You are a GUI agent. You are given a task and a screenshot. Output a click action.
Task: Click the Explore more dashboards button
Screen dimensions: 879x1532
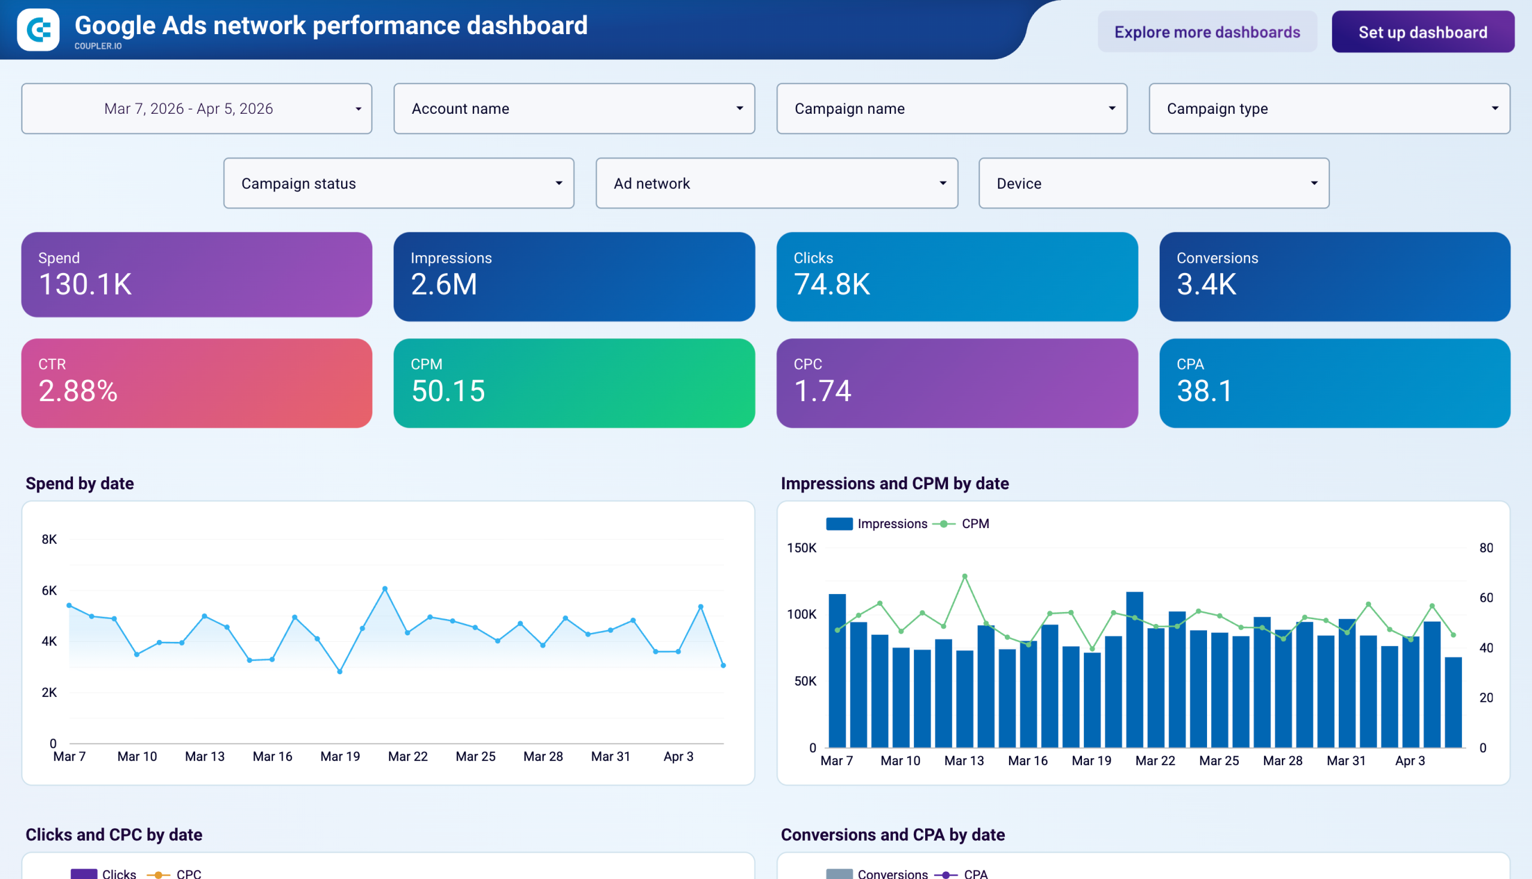(1206, 32)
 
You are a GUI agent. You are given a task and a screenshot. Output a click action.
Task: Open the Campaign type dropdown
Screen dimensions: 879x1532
(1329, 108)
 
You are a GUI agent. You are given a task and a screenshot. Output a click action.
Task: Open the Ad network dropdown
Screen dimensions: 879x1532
(776, 184)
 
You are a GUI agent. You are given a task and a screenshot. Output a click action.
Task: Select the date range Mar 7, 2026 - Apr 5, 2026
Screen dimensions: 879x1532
(196, 108)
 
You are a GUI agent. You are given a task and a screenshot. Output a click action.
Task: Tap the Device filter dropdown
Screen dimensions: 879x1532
(1153, 184)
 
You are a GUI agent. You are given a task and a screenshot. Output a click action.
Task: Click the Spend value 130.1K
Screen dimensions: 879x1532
(85, 284)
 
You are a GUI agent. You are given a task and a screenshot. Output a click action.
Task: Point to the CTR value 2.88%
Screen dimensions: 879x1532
(78, 390)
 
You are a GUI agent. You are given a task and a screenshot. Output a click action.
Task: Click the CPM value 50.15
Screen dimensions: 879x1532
(448, 390)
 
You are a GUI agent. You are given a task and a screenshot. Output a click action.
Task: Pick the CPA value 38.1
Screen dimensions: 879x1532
(1204, 390)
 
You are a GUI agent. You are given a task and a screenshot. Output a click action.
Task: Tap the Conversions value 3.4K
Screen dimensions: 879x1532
(1206, 284)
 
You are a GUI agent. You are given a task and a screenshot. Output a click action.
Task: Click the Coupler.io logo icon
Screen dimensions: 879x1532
(38, 29)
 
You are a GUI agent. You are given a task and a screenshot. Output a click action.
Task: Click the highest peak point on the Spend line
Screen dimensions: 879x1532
(385, 589)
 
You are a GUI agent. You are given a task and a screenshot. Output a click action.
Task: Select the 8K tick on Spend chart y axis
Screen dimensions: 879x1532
(49, 539)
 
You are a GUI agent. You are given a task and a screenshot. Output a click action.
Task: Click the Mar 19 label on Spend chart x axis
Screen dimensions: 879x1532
(340, 756)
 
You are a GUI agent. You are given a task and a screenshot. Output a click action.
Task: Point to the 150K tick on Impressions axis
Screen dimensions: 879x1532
(801, 547)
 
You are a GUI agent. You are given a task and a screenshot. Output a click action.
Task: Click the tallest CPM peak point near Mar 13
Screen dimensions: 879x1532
(964, 576)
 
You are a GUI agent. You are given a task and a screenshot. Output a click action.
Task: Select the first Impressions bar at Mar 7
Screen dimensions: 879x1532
(837, 670)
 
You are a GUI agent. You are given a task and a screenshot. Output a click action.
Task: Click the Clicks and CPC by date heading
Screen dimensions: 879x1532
(114, 834)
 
